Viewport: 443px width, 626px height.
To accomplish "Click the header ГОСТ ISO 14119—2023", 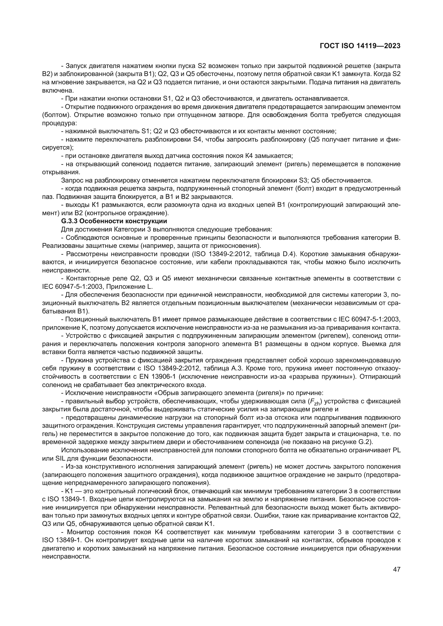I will (360, 46).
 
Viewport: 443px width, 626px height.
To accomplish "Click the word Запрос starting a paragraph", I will (72, 180).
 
